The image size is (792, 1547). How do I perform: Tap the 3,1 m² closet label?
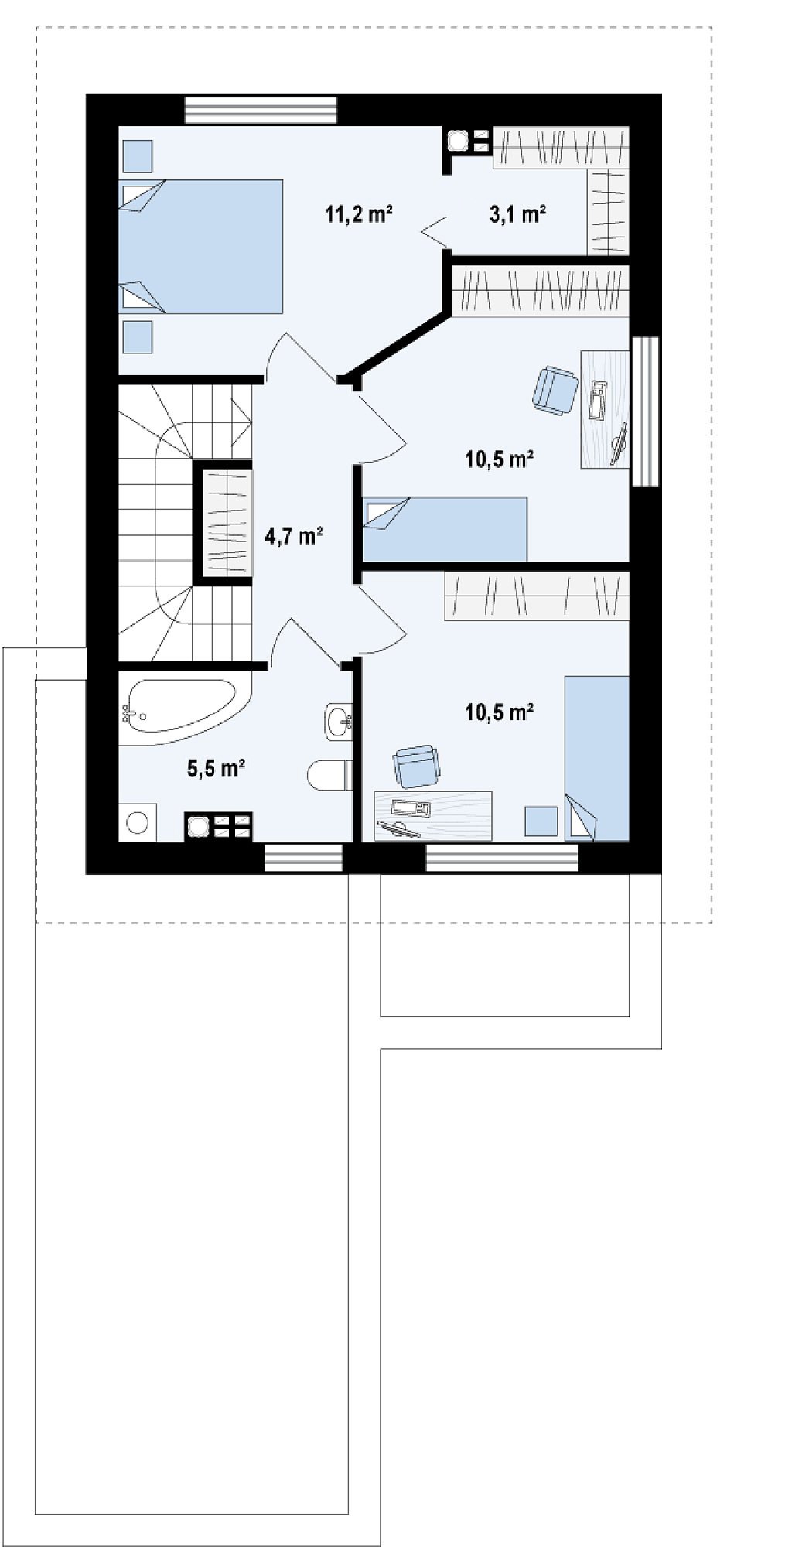518,214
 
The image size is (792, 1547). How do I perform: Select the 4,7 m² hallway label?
294,535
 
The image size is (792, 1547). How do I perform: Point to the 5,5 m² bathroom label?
217,767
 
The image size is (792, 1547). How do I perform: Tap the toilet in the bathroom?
330,776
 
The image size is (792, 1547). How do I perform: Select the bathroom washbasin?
339,722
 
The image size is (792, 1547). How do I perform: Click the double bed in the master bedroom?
200,247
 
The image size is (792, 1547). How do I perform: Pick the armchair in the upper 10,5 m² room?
555,390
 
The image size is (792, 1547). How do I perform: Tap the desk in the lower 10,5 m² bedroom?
433,815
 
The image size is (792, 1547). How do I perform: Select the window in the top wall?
261,109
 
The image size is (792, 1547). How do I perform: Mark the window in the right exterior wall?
646,411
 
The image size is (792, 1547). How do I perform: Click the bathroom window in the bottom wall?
303,858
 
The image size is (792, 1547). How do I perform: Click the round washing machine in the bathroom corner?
138,822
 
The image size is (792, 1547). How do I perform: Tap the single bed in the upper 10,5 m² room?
445,529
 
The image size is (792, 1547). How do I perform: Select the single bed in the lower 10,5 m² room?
597,758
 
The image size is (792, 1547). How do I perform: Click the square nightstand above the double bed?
138,155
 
